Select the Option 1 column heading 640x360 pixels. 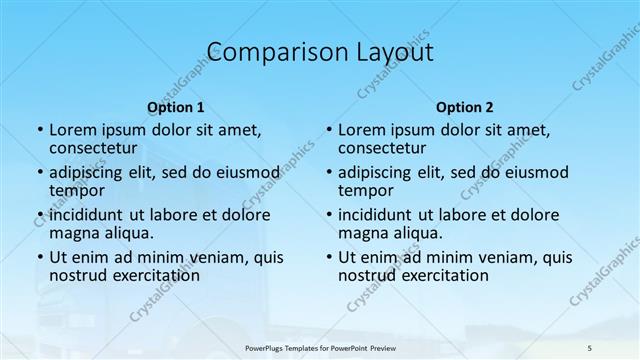(x=176, y=107)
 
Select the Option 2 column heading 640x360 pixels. (x=465, y=107)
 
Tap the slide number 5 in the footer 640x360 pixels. (x=589, y=346)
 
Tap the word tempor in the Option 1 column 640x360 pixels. (x=77, y=190)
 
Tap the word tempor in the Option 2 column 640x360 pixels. (x=366, y=190)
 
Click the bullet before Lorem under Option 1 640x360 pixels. (x=38, y=130)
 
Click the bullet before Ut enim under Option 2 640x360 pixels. (x=327, y=257)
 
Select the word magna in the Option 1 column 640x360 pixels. (x=73, y=233)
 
